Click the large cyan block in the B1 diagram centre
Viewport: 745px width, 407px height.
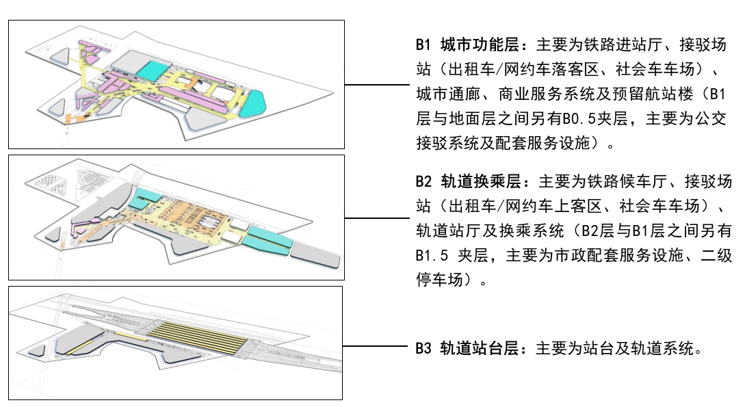(153, 70)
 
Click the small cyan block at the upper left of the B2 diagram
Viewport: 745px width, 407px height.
(142, 200)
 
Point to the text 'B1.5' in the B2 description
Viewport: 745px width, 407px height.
(432, 256)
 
